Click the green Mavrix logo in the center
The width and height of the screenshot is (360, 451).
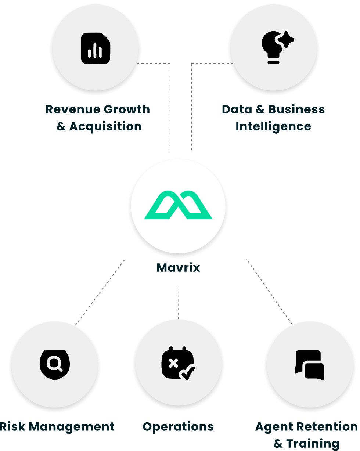(178, 205)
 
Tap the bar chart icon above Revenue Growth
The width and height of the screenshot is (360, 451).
(96, 48)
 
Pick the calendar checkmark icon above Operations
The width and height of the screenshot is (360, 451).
(178, 363)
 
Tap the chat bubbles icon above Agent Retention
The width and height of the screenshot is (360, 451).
(310, 365)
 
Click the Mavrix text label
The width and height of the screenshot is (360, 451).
(178, 267)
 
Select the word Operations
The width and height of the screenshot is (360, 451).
(178, 427)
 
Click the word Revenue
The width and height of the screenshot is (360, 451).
(73, 109)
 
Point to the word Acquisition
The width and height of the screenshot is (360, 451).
(105, 126)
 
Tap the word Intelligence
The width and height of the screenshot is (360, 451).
(273, 126)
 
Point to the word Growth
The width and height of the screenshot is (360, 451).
(127, 109)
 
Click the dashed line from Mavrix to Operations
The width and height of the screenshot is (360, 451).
(179, 302)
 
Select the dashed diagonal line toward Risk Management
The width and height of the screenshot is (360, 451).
(100, 293)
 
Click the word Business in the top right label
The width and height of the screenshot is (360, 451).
(296, 109)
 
